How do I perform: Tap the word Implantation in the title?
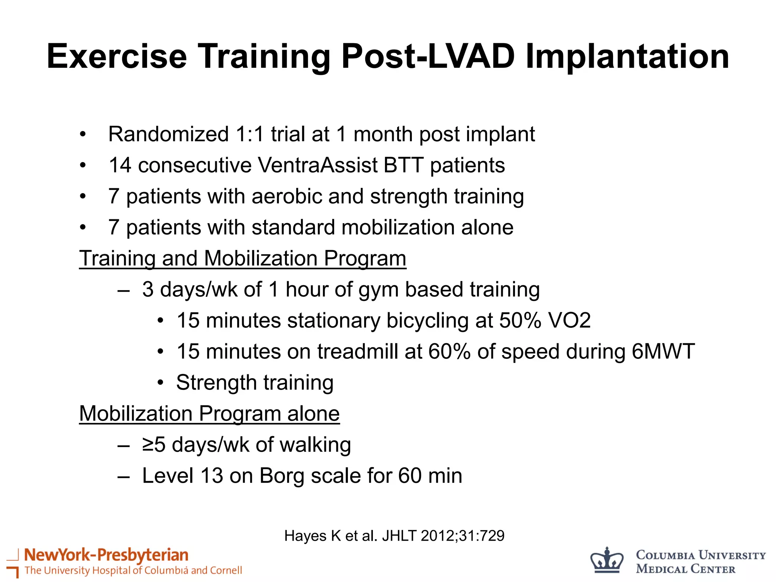pyautogui.click(x=627, y=57)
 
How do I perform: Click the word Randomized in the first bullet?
pyautogui.click(x=169, y=134)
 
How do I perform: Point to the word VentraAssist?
pyautogui.click(x=318, y=165)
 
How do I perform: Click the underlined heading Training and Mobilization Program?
pyautogui.click(x=242, y=258)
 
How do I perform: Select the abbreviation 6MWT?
pyautogui.click(x=663, y=352)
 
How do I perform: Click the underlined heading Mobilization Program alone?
pyautogui.click(x=209, y=413)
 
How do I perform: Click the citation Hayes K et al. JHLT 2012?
pyautogui.click(x=394, y=536)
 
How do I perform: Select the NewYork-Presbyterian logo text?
pyautogui.click(x=106, y=555)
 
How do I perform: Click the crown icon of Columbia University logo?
pyautogui.click(x=607, y=560)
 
